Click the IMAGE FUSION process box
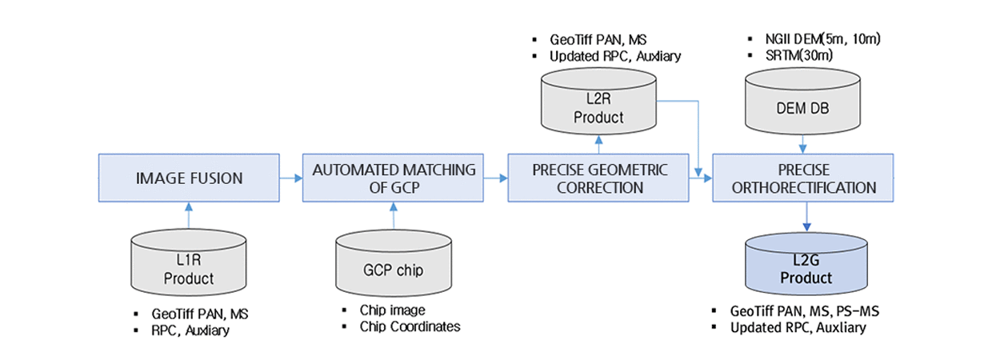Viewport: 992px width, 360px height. [x=189, y=178]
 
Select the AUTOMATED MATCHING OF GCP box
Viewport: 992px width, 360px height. [x=393, y=178]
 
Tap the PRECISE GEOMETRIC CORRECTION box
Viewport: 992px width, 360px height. [x=598, y=178]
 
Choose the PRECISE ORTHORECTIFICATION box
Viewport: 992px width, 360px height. [x=803, y=178]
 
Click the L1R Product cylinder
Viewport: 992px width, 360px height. [x=189, y=264]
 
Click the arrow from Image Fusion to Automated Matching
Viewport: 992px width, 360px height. [x=290, y=178]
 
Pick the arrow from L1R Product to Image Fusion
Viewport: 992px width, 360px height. [x=189, y=214]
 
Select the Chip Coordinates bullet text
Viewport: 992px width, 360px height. [x=410, y=326]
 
